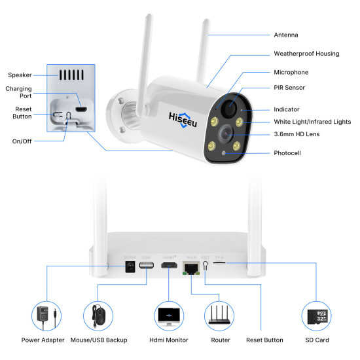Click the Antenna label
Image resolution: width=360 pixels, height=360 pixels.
(285, 35)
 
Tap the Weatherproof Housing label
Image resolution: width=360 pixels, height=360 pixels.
(306, 54)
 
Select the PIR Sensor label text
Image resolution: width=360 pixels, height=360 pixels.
(289, 88)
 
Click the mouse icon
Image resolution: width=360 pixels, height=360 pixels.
(98, 315)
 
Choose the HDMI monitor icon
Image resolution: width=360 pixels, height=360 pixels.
(169, 315)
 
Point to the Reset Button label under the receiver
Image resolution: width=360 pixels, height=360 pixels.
(264, 340)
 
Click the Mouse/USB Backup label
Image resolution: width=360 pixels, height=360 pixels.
(99, 340)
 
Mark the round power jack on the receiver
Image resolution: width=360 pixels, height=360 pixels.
(130, 268)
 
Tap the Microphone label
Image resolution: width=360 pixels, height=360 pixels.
(291, 72)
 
